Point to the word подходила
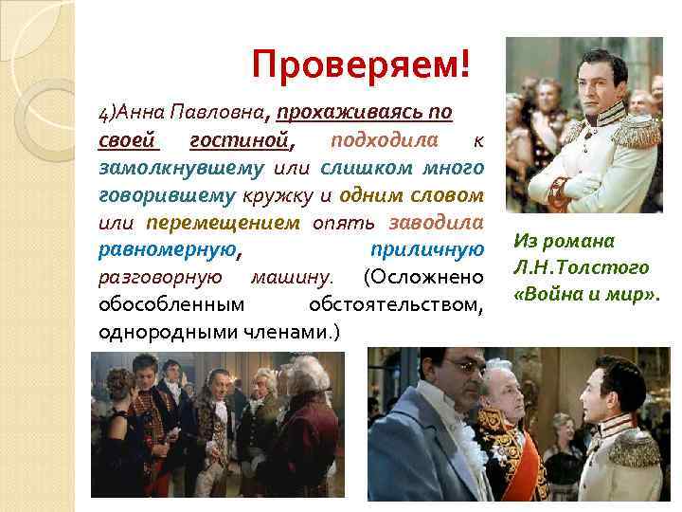tap(385, 140)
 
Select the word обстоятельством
tap(397, 305)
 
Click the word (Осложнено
tap(423, 278)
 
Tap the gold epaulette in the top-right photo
tap(637, 132)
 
